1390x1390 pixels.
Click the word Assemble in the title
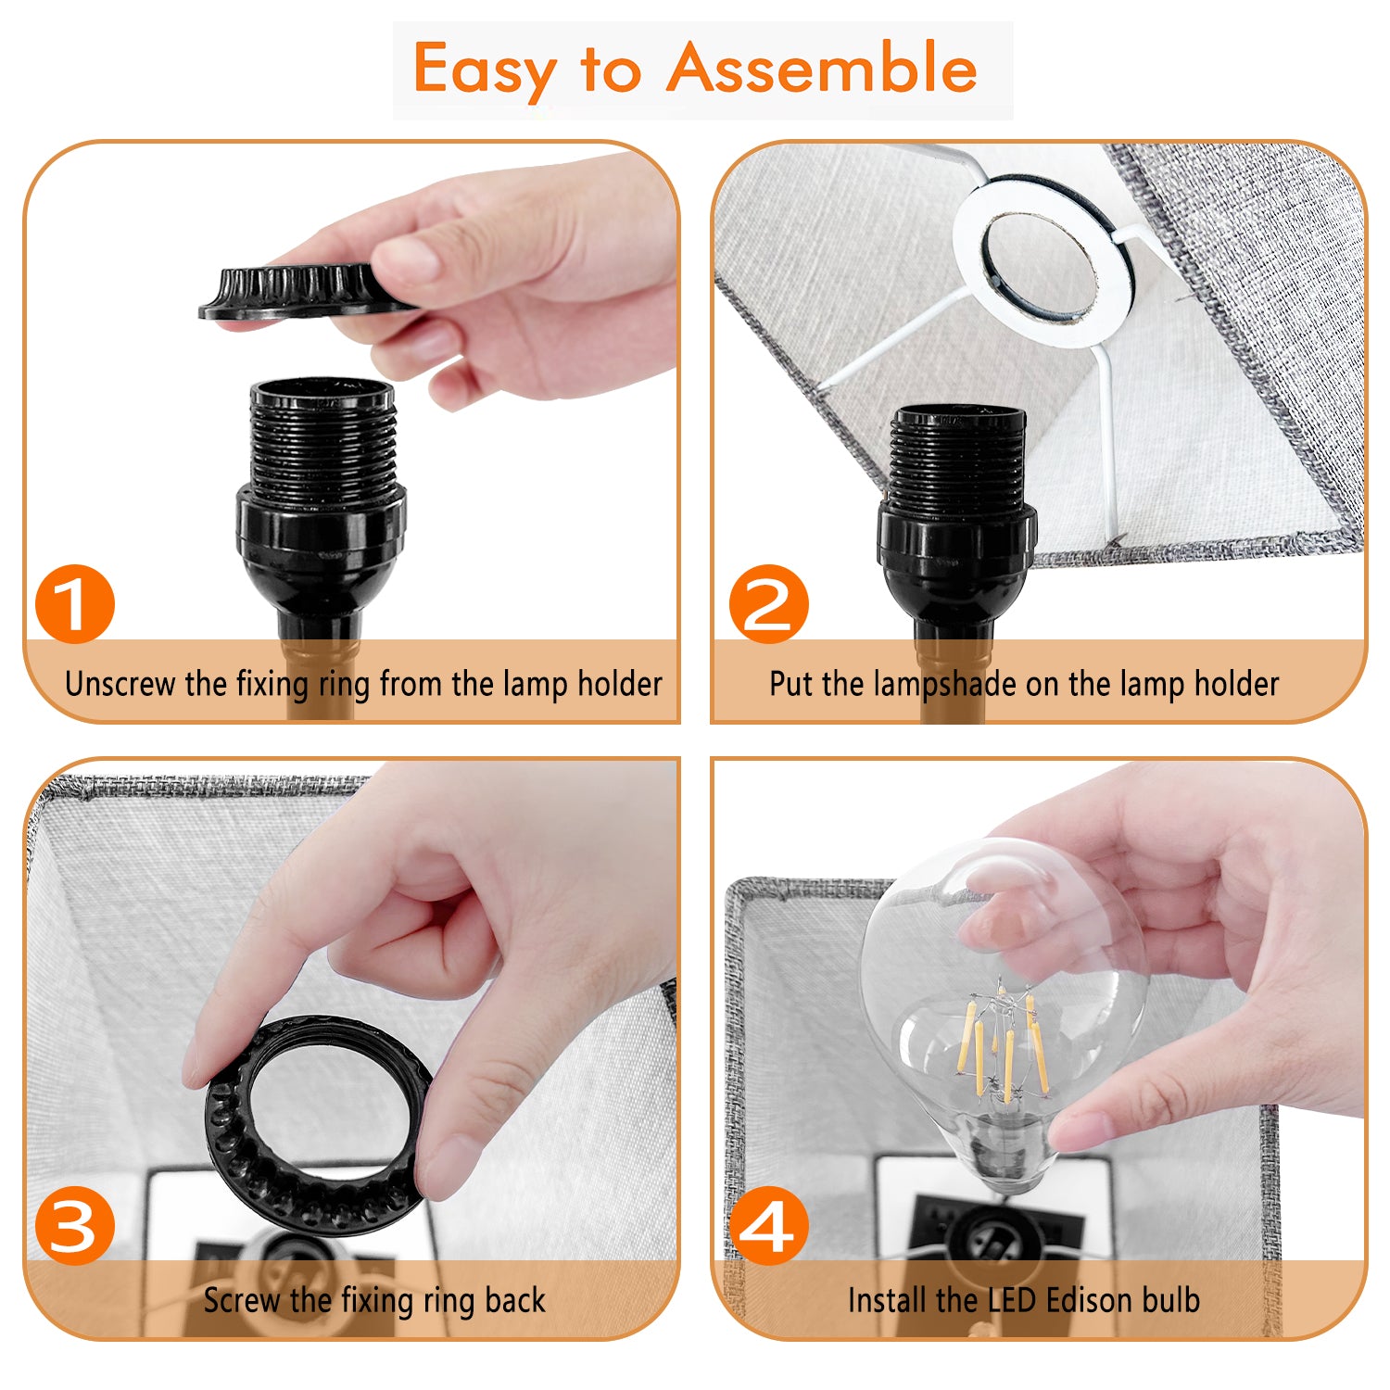click(822, 68)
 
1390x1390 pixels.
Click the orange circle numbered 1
click(75, 604)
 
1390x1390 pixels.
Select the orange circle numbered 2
click(769, 604)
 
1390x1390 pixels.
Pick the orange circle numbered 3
click(75, 1226)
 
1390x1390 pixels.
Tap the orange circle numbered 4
click(769, 1226)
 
